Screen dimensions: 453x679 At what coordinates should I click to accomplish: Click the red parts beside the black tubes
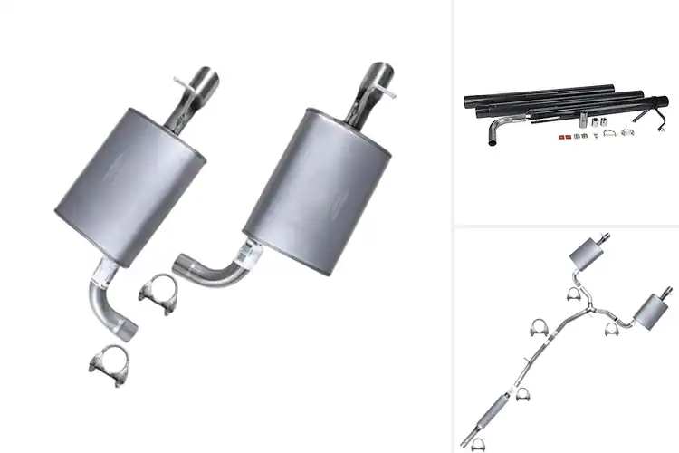pos(561,136)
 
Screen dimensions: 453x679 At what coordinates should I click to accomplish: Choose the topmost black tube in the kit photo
pos(534,92)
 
